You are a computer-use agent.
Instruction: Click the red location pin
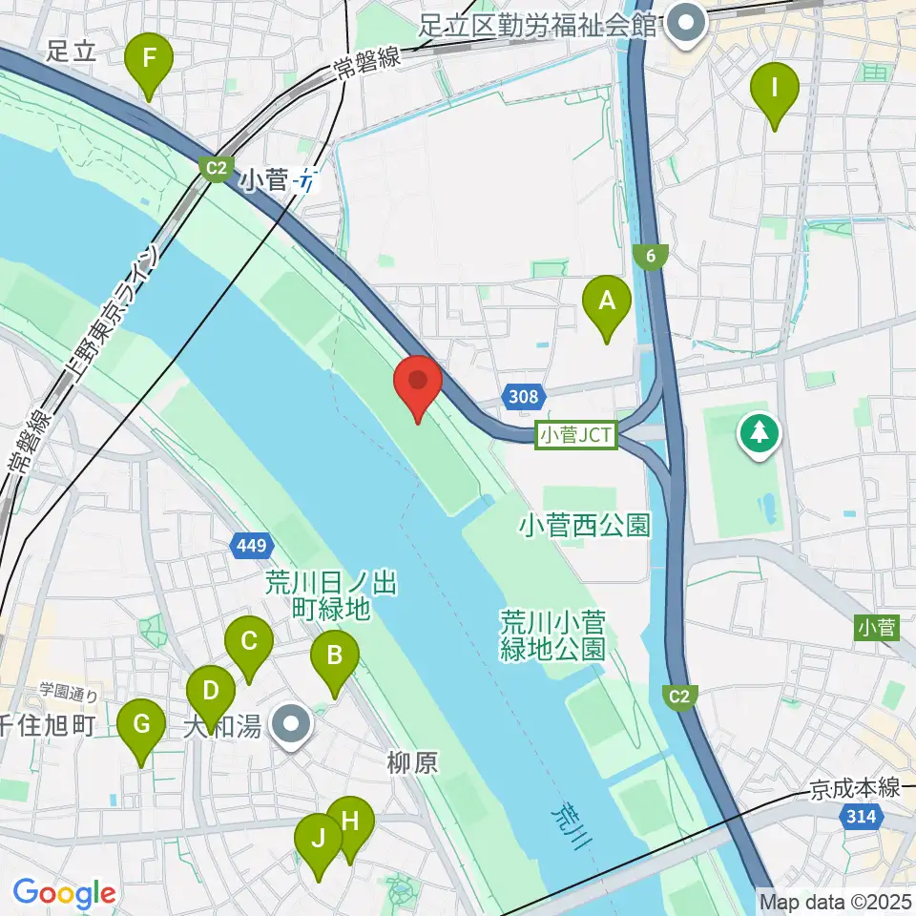[x=418, y=384]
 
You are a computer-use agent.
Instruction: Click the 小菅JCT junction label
[x=577, y=436]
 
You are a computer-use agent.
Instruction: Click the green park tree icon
[x=760, y=434]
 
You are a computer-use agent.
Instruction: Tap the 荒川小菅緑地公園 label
[x=552, y=635]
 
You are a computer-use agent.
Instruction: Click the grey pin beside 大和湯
[x=290, y=724]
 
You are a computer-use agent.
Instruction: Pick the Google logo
[x=64, y=894]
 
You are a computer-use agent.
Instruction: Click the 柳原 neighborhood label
[x=412, y=763]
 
